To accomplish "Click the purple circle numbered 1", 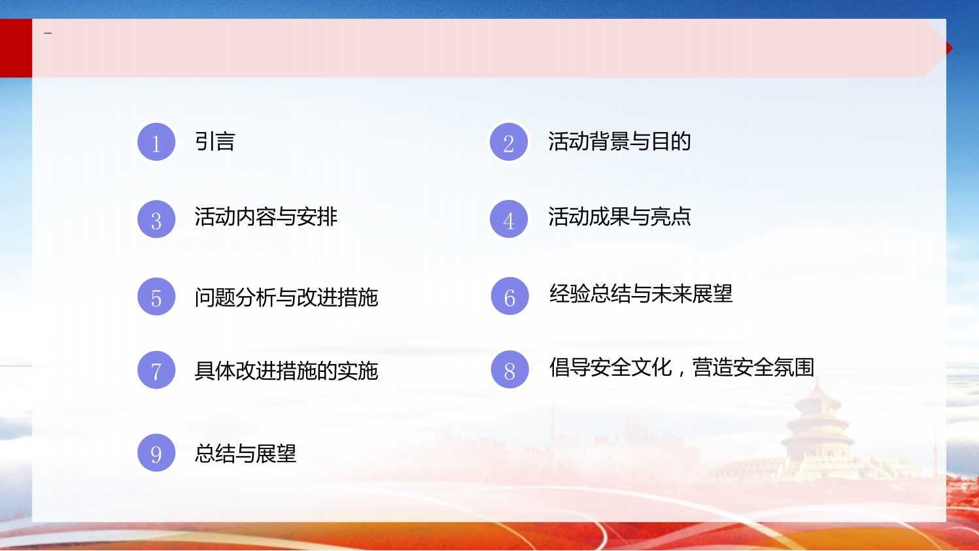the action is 156,142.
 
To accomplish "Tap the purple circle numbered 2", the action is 508,142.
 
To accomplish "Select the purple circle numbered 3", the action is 156,219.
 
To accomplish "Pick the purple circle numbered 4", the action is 508,219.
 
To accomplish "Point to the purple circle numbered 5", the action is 156,296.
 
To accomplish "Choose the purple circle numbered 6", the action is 509,296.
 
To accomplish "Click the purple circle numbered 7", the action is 156,370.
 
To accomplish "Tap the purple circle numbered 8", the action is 509,369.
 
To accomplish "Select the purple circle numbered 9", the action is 156,453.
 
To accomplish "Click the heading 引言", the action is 215,142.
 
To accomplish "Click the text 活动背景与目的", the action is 619,142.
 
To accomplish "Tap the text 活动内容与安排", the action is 266,217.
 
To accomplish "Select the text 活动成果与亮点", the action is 619,217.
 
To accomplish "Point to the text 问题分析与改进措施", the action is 286,297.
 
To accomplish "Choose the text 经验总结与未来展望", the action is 641,293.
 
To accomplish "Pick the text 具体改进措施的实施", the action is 286,371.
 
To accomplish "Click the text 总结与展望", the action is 246,453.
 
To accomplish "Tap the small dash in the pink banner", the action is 48,33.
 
